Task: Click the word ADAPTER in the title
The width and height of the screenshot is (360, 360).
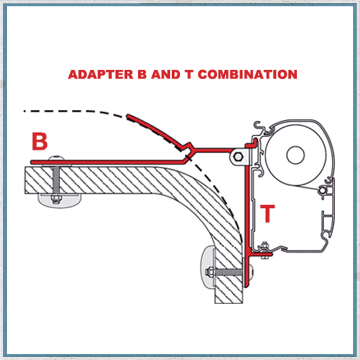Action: coord(99,74)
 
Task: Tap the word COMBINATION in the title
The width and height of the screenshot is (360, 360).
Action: coord(247,74)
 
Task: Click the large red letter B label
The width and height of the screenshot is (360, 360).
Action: coord(39,142)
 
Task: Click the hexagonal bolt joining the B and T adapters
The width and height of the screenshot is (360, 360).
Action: coord(238,156)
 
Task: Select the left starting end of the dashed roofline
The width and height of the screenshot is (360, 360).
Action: coord(25,111)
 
